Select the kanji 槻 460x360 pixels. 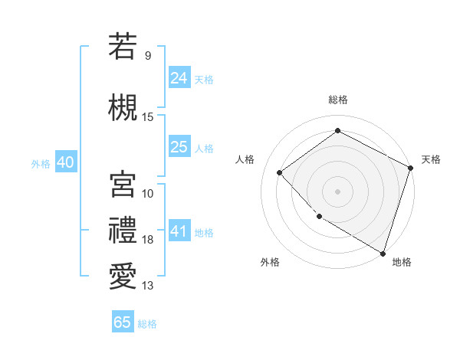[123, 108]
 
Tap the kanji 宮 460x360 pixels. [123, 184]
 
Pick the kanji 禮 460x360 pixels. [123, 231]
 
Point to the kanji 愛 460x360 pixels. [123, 277]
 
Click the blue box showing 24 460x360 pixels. [179, 78]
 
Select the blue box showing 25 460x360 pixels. [179, 147]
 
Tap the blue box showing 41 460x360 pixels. [179, 231]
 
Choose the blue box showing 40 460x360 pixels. [65, 162]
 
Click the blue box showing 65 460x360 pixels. [123, 322]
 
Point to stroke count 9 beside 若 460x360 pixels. [148, 56]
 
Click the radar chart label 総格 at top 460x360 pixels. [338, 100]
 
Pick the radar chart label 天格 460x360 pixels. [431, 159]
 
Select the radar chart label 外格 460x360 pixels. [270, 262]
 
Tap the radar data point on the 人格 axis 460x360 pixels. [280, 172]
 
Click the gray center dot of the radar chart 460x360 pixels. [337, 191]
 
